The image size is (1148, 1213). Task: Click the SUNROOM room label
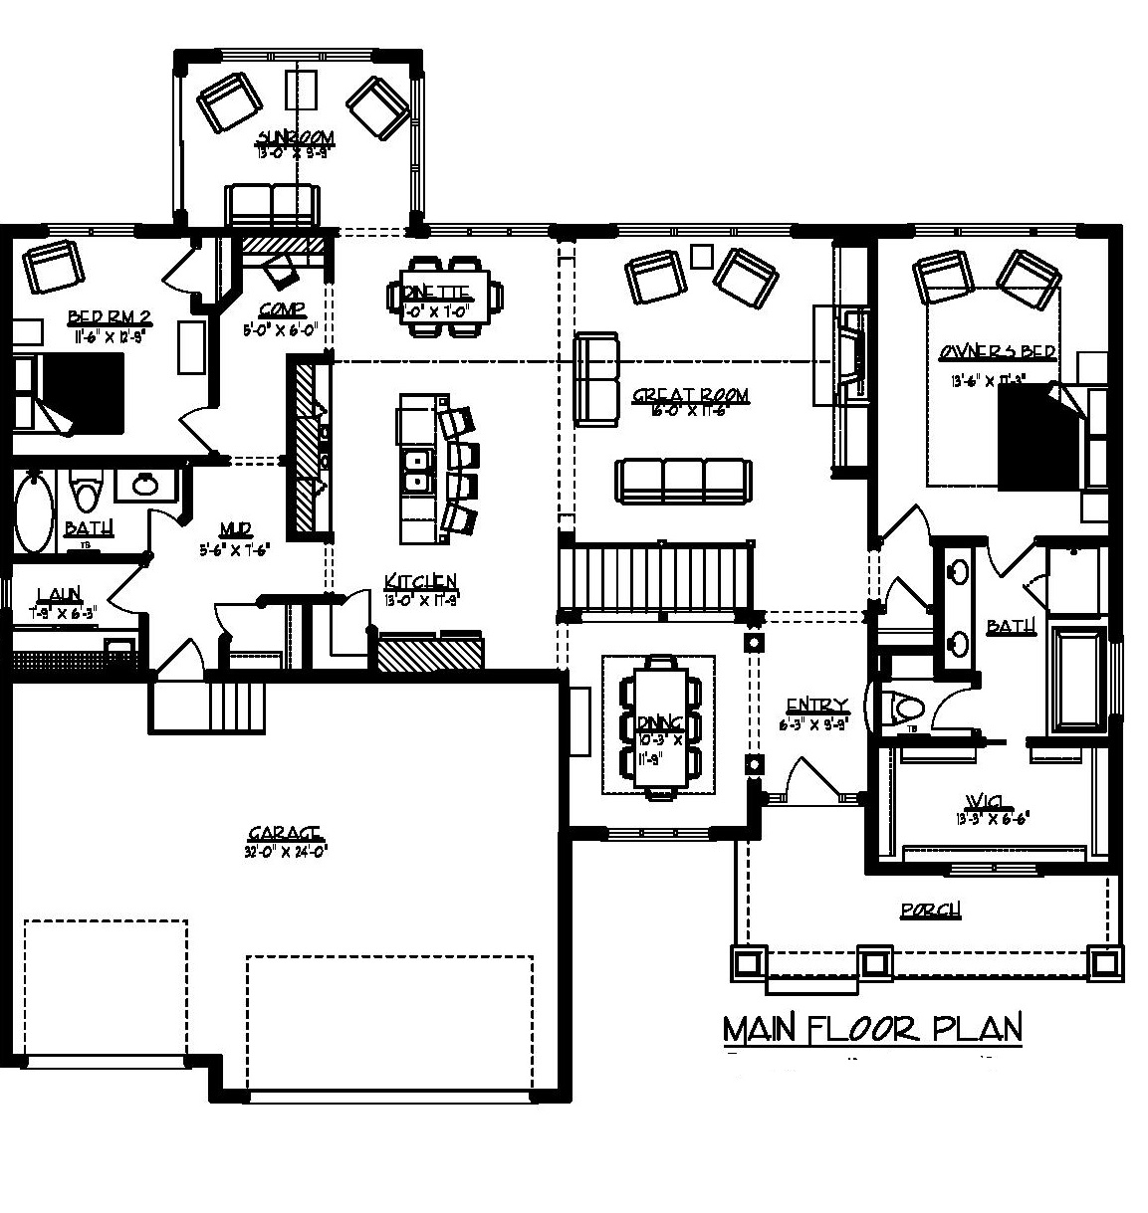pyautogui.click(x=295, y=137)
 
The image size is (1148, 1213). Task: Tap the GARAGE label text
pyautogui.click(x=285, y=832)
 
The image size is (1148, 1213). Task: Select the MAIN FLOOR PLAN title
pyautogui.click(x=872, y=1028)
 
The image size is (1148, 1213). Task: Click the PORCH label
pyautogui.click(x=930, y=910)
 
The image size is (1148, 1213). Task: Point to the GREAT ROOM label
pyautogui.click(x=690, y=396)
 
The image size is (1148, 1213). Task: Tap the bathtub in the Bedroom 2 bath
pyautogui.click(x=34, y=511)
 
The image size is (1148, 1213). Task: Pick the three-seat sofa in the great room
pyautogui.click(x=682, y=481)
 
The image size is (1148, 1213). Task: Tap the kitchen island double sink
pyautogui.click(x=415, y=471)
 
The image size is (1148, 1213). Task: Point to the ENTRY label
pyautogui.click(x=815, y=706)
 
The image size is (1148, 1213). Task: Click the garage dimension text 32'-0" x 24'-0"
pyautogui.click(x=286, y=851)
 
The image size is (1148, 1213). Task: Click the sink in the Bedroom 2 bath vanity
pyautogui.click(x=146, y=485)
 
